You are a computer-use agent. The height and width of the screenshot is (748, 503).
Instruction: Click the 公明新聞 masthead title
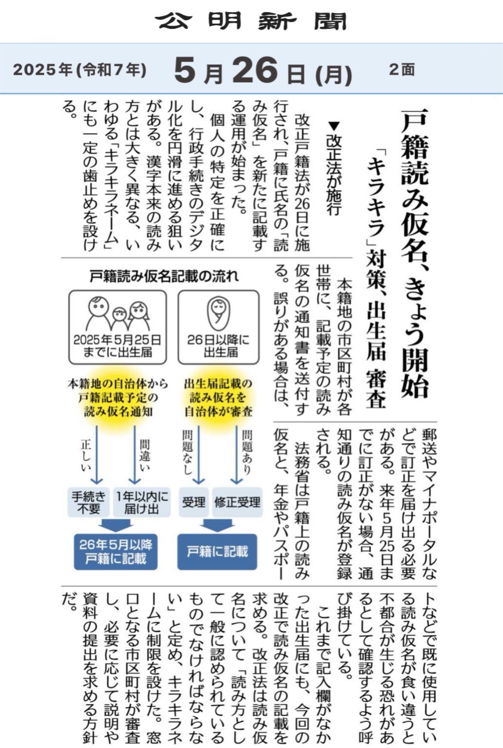pyautogui.click(x=252, y=21)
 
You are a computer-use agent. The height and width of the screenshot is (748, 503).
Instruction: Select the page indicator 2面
pyautogui.click(x=401, y=69)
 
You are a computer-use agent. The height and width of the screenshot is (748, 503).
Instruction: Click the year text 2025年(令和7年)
pyautogui.click(x=80, y=70)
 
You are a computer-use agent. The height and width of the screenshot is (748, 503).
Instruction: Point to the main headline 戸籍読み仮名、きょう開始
pyautogui.click(x=415, y=254)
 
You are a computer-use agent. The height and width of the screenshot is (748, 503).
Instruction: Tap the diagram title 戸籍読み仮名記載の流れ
pyautogui.click(x=164, y=276)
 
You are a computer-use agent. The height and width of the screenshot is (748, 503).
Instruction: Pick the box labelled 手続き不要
pyautogui.click(x=89, y=502)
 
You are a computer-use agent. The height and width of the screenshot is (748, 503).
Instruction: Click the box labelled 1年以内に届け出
pyautogui.click(x=142, y=502)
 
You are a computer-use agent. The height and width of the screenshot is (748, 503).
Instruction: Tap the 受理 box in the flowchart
pyautogui.click(x=194, y=502)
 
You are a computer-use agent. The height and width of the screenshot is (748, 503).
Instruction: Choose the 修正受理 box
pyautogui.click(x=237, y=502)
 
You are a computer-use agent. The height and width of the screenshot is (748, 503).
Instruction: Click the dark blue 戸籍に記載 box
pyautogui.click(x=217, y=552)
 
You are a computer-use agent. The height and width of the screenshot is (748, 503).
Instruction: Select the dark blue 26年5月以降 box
pyautogui.click(x=116, y=552)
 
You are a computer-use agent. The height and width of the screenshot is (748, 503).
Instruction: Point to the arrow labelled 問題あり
pyautogui.click(x=236, y=454)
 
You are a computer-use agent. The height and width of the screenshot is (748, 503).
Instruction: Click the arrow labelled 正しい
pyautogui.click(x=96, y=454)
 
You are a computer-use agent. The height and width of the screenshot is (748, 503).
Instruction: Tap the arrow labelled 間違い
pyautogui.click(x=135, y=454)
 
